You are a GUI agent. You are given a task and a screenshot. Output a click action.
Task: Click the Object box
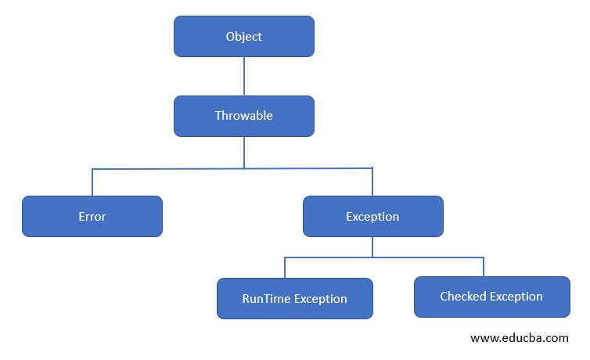[x=243, y=37]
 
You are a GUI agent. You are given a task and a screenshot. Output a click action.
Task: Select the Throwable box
[x=243, y=116]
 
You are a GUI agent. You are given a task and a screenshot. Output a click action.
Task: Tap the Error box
[x=92, y=217]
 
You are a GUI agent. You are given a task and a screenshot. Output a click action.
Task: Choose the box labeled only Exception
[x=372, y=217]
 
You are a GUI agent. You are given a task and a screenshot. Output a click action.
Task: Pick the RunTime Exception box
[x=294, y=298]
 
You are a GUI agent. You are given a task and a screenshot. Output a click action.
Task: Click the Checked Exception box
[x=491, y=297]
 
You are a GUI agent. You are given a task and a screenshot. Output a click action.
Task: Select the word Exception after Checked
[x=516, y=297]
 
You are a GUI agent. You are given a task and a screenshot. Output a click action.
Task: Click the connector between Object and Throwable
[x=243, y=76]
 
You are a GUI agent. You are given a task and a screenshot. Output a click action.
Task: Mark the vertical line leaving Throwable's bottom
[x=243, y=152]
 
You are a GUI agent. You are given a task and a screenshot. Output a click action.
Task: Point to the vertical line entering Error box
[x=92, y=182]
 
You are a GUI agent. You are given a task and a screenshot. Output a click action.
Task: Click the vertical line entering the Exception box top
[x=372, y=182]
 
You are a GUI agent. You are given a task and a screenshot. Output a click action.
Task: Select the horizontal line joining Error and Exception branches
[x=172, y=168]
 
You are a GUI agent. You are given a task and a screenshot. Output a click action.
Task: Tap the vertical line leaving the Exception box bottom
[x=372, y=247]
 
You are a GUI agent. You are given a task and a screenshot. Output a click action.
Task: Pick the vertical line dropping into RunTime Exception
[x=285, y=267]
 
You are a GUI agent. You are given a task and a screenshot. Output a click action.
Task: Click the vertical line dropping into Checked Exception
[x=484, y=266]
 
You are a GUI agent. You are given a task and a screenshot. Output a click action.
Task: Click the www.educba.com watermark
[x=519, y=338]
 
